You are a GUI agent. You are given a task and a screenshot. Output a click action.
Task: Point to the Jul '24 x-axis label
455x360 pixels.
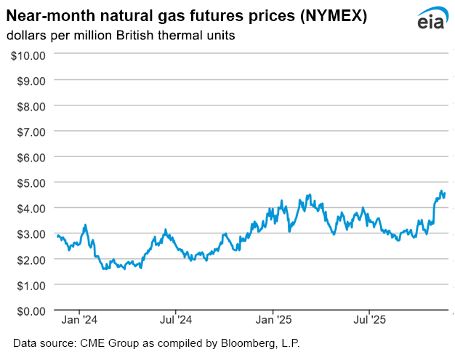point(176,319)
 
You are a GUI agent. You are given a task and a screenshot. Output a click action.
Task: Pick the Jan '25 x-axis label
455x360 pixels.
point(274,319)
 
